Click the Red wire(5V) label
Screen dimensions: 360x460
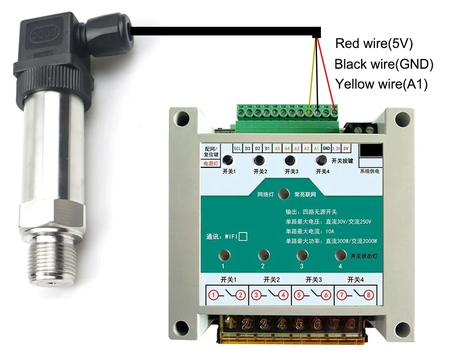374,44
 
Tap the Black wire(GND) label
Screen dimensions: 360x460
384,64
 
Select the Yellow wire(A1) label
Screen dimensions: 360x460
381,84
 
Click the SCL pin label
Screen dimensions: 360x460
238,149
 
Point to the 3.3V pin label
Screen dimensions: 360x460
336,149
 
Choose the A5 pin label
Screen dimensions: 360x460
277,149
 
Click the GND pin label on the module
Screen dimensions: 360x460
326,149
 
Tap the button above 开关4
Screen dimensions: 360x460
321,160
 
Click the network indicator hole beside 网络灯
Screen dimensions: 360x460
284,194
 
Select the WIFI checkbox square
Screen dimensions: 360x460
243,236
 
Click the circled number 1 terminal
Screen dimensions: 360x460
213,296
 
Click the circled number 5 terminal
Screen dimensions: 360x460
298,296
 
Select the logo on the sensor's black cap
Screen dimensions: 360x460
41,33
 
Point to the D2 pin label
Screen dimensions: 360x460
257,149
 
